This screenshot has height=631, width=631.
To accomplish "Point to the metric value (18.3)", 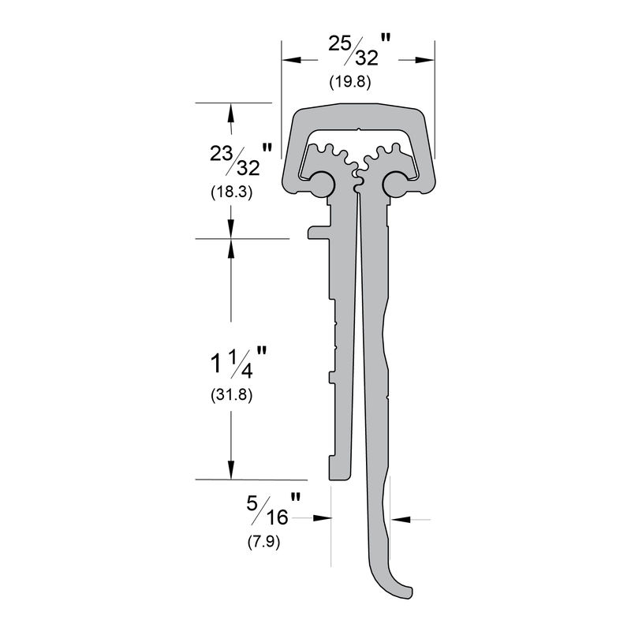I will (230, 191).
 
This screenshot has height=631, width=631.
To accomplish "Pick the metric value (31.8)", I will (230, 395).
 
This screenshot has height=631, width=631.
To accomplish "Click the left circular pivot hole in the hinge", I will (321, 184).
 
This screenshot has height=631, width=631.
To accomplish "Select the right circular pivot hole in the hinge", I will (396, 185).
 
